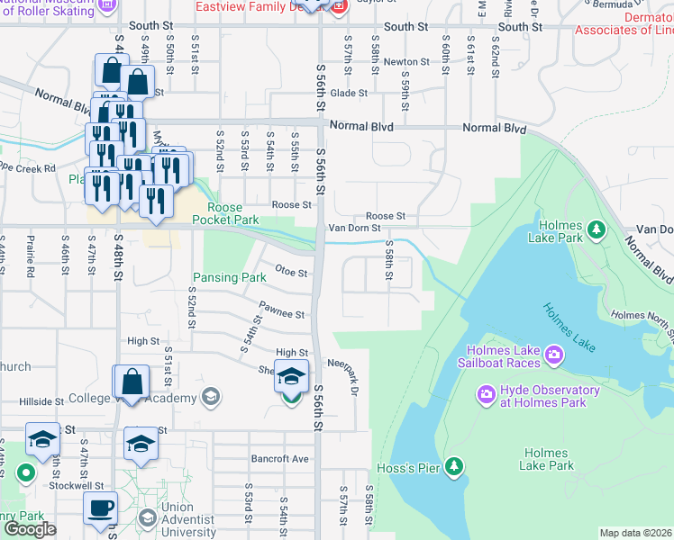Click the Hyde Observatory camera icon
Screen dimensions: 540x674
(487, 394)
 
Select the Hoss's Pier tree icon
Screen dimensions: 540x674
(455, 465)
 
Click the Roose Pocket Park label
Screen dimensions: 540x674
(221, 213)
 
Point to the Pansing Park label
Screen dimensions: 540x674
(229, 278)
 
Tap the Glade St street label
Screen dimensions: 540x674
(349, 93)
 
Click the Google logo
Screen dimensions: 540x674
(31, 528)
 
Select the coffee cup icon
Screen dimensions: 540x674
(101, 508)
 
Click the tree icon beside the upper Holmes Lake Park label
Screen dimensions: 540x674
(596, 231)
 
